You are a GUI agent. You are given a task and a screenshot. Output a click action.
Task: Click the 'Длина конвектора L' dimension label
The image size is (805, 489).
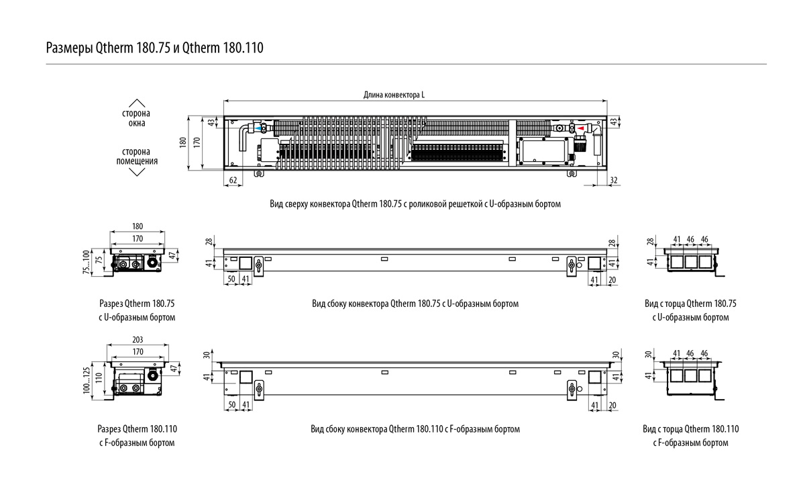pos(394,95)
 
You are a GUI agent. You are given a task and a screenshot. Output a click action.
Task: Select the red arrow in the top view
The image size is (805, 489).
pos(570,126)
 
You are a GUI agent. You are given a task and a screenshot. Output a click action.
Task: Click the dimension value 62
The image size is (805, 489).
pos(233,180)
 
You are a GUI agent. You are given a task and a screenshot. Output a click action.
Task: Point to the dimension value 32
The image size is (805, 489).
pos(614,180)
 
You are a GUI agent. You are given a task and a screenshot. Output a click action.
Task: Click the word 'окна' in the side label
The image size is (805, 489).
pos(136,124)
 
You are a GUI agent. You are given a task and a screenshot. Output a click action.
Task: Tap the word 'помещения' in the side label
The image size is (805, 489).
pos(136,161)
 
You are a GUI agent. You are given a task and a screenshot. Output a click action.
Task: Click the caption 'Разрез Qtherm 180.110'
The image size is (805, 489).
pos(137,429)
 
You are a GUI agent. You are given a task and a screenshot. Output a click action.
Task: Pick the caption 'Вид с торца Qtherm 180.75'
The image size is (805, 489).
pos(690,304)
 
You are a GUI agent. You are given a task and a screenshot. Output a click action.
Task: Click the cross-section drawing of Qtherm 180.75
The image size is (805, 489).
pos(138,262)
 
